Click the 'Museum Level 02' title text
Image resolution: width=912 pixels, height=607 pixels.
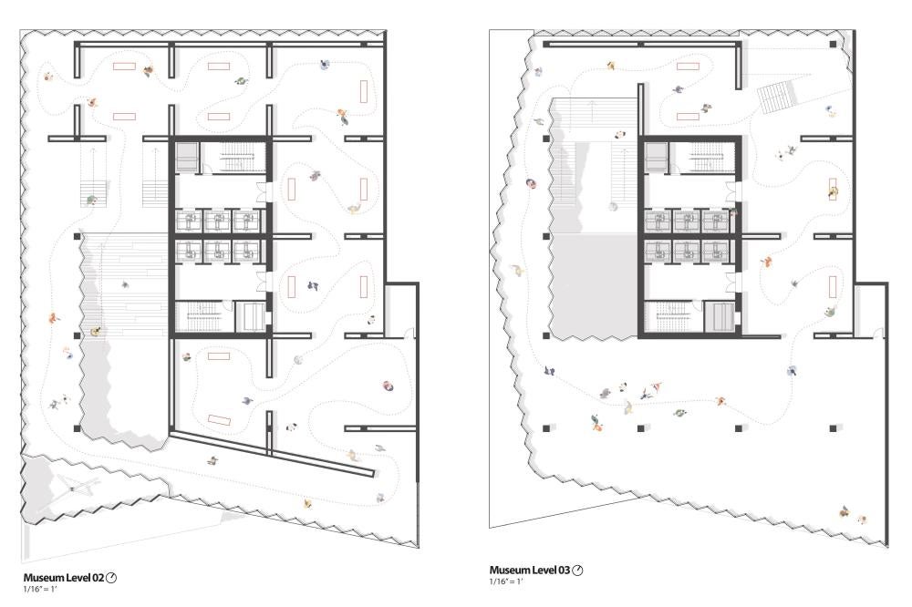tap(64, 578)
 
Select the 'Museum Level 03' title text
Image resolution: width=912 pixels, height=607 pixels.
tap(529, 571)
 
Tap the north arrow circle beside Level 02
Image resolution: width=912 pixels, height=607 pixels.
tap(111, 578)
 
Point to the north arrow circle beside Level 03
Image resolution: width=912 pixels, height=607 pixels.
tap(577, 571)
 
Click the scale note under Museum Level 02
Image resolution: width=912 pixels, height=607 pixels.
tap(40, 589)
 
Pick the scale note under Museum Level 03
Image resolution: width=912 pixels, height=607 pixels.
tap(506, 581)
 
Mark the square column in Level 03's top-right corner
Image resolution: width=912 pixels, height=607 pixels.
tap(833, 44)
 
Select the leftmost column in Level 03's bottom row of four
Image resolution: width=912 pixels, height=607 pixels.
tap(546, 428)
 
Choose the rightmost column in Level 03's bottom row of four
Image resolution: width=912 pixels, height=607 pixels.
tap(833, 428)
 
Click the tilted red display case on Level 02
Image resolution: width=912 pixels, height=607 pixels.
tap(219, 419)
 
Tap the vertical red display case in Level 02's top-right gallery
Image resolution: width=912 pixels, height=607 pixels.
tap(364, 92)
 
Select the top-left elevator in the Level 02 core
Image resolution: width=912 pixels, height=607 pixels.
tap(188, 157)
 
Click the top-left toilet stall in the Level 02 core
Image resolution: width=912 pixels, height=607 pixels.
tap(188, 221)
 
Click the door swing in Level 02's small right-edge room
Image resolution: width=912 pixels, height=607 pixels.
tap(409, 334)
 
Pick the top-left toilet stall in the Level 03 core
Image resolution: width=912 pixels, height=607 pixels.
tap(658, 221)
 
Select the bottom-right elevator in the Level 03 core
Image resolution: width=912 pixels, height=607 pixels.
tap(720, 317)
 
